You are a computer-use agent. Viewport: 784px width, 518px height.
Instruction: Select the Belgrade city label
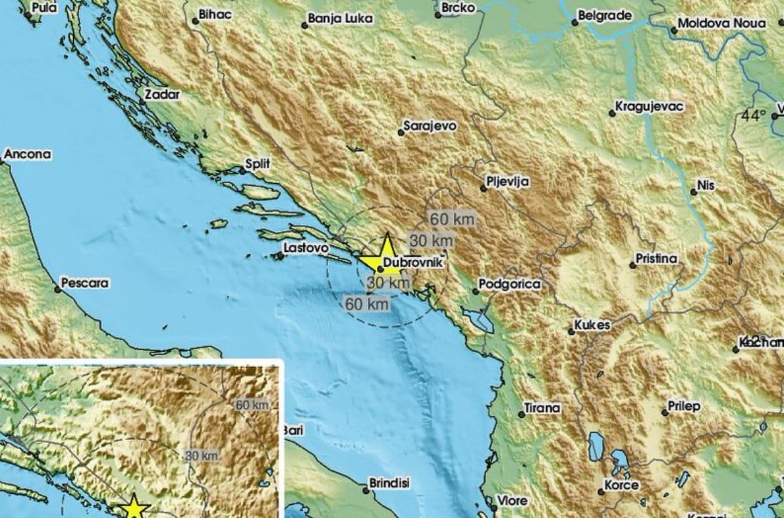coord(606,15)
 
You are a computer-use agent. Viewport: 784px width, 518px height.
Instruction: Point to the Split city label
coord(257,163)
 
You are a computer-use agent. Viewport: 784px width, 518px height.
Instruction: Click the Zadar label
coord(161,94)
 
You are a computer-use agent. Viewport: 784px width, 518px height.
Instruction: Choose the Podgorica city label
coord(510,284)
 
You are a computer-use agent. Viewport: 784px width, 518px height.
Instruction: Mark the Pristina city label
coord(657,259)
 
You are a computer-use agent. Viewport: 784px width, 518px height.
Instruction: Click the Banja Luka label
coord(340,19)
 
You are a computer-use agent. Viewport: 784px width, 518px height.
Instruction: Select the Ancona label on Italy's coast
coord(27,155)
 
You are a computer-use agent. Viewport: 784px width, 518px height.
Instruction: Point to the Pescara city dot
coord(57,289)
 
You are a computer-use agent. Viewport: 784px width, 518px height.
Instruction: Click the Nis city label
coord(706,186)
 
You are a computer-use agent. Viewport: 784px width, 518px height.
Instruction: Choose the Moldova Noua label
coord(721,24)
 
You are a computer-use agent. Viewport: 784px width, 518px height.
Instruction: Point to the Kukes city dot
coord(571,332)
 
